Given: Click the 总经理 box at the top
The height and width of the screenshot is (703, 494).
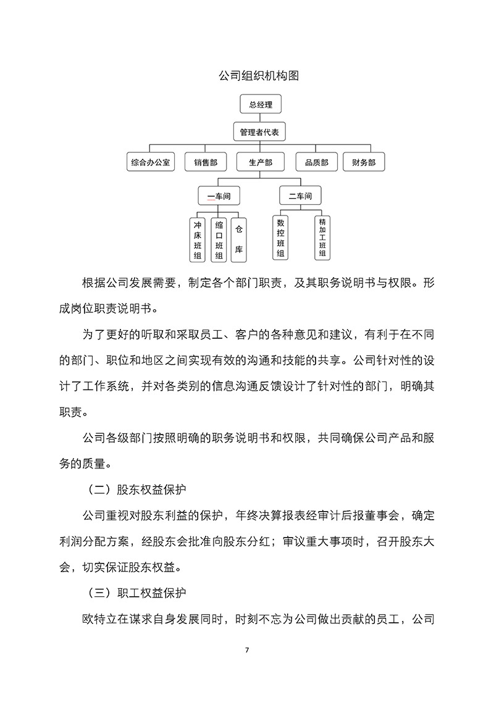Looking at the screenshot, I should tap(260, 104).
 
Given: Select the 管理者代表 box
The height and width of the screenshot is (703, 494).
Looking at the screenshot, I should tap(260, 132).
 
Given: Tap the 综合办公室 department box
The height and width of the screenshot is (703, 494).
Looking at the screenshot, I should tap(151, 162).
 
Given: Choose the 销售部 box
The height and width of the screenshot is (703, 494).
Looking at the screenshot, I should tap(205, 162).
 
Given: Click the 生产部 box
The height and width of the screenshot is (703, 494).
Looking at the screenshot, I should tap(260, 162).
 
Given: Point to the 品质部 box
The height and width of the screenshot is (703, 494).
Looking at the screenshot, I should tap(316, 162).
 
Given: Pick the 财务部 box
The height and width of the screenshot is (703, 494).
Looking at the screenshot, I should tap(364, 162).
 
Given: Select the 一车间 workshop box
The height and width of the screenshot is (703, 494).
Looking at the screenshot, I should tap(219, 196).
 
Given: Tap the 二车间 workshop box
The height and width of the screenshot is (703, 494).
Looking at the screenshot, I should tap(300, 196).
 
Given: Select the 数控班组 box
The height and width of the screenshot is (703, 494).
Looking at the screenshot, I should tap(281, 237).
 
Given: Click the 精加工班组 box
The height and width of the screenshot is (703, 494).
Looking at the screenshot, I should tap(322, 237).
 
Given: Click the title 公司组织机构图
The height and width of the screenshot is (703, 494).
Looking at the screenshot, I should tap(259, 76).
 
